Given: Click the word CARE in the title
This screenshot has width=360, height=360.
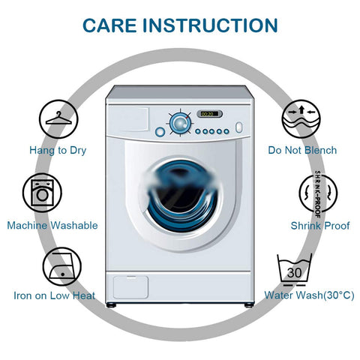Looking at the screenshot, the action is tap(109, 25).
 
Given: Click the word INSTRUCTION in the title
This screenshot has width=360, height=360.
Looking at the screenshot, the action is tap(210, 25).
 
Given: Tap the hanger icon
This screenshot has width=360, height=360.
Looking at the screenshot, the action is tap(58, 119).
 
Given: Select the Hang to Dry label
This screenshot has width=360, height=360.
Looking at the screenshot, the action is tap(58, 150).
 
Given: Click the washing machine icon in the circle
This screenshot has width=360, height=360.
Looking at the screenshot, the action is tap(42, 193).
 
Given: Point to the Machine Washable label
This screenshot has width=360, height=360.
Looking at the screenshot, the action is tap(52, 225).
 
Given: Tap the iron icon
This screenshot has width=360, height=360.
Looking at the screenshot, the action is tap(62, 266).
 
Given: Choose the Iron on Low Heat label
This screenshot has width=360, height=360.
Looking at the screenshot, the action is tap(55, 295).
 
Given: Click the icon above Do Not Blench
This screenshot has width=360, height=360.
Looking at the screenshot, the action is tap(301, 118).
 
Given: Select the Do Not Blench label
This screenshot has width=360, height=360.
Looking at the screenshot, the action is tap(302, 150).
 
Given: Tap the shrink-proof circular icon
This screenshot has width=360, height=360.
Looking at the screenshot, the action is tap(318, 193).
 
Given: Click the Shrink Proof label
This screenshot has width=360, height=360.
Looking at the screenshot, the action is tap(320, 226).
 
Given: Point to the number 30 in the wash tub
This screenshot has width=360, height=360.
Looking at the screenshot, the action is tap(294, 272).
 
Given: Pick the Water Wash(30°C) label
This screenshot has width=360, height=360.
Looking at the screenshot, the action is tap(310, 295).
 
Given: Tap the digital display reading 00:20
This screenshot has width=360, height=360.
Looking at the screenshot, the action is tap(209, 114).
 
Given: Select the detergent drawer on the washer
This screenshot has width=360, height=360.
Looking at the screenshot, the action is tap(128, 119).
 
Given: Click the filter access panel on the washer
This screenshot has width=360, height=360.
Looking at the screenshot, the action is tap(130, 287).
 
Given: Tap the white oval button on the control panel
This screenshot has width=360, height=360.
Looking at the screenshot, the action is tap(239, 127).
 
